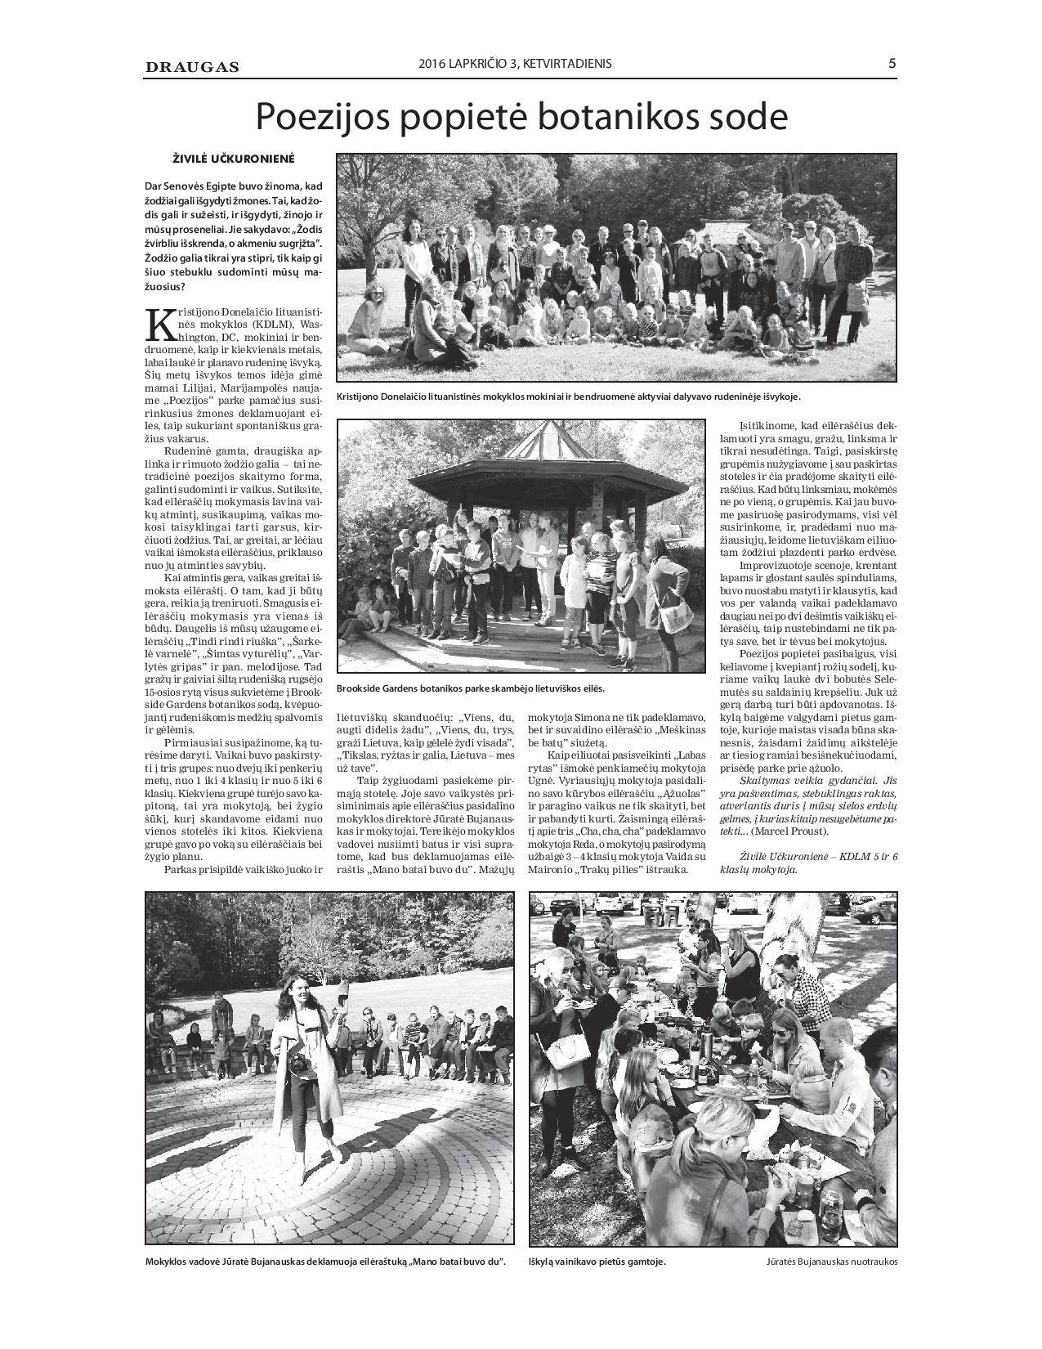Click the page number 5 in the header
892,64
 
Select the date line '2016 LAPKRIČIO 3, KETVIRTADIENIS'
515,64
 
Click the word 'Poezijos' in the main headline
325,117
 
